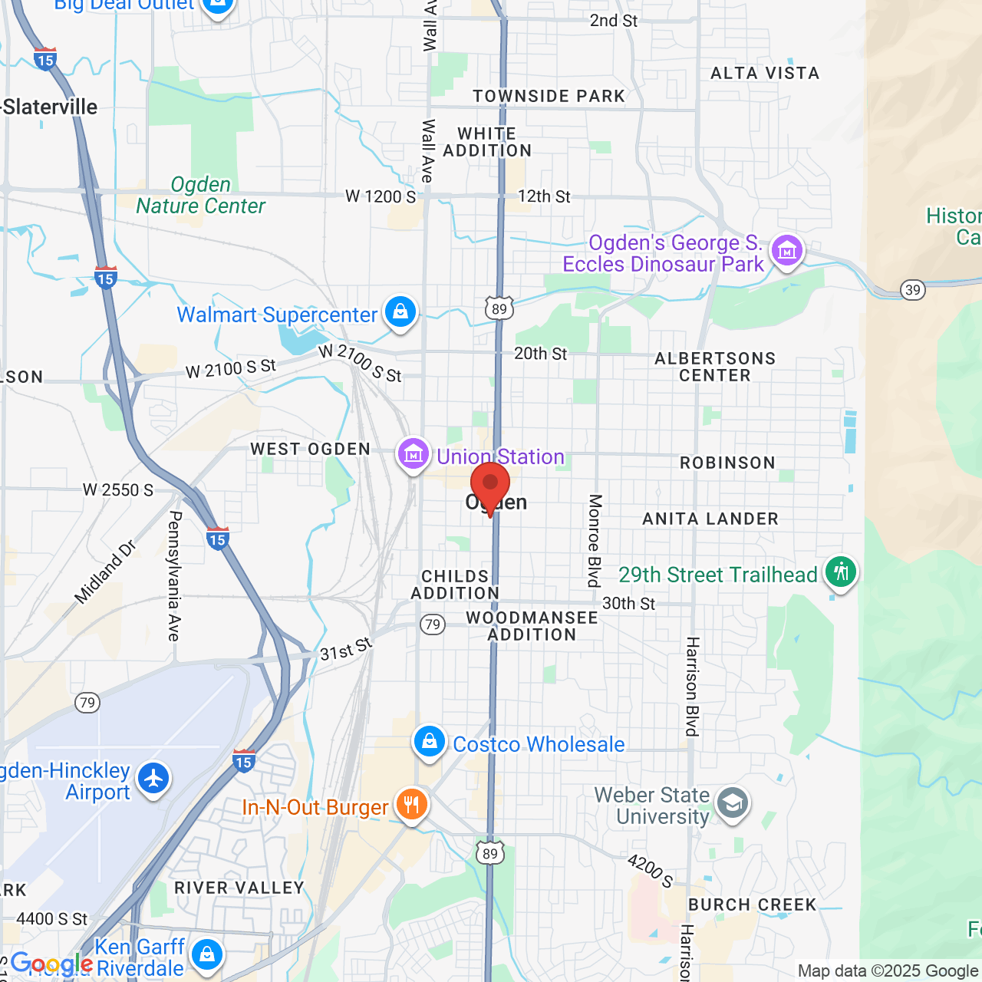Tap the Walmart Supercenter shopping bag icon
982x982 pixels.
click(400, 312)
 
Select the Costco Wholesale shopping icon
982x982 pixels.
click(430, 742)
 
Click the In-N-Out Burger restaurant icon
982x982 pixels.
click(412, 805)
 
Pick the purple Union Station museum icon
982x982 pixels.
click(414, 454)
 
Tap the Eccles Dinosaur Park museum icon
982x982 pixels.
click(787, 251)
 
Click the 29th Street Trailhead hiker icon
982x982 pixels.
click(841, 572)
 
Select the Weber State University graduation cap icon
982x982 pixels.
click(733, 803)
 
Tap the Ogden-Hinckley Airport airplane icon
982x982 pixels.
click(154, 778)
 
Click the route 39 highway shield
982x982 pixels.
click(912, 290)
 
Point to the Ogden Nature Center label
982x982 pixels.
click(201, 196)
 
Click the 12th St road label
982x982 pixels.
click(544, 196)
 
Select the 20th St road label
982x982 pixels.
click(540, 354)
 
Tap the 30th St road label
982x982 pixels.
click(628, 604)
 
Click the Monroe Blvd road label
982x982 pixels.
click(595, 540)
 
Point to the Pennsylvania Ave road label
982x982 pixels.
click(174, 575)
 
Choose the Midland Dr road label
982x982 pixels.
click(106, 572)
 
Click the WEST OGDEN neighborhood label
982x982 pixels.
click(310, 449)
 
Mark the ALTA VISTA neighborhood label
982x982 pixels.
click(765, 74)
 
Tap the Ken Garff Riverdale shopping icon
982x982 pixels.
click(207, 954)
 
